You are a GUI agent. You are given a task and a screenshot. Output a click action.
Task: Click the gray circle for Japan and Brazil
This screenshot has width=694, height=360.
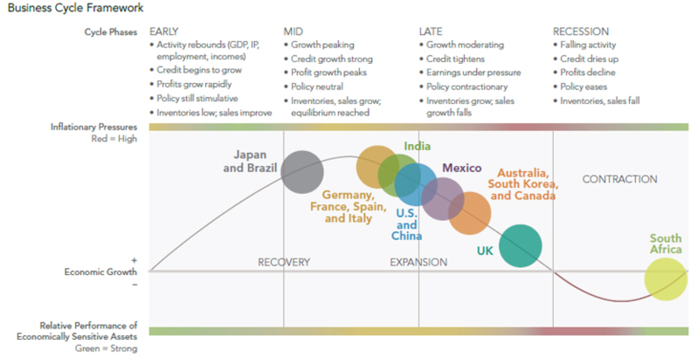coord(302,172)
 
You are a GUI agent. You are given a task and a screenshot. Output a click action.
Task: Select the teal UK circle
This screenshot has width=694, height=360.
coord(520,246)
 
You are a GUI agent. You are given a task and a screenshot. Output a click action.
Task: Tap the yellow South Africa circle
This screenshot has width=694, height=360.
coord(665,279)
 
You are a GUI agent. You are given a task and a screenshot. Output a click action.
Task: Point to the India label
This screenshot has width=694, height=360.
coord(417,146)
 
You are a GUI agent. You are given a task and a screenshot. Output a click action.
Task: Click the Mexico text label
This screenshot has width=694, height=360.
coord(462,168)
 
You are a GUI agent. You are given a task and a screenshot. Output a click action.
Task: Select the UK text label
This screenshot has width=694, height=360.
coord(485,251)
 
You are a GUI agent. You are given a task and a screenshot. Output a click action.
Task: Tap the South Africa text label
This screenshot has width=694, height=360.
coord(665,244)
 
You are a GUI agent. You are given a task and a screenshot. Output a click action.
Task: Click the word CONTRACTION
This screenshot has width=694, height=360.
coord(620,179)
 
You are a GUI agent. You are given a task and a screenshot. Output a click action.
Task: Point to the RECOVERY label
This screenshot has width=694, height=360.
coord(284,262)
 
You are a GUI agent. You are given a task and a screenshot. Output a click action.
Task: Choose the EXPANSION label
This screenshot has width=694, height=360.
coord(419,262)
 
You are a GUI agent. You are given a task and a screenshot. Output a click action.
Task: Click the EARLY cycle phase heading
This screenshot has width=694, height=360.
coord(164,32)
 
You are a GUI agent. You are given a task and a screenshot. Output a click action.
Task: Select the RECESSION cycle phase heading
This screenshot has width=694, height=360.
coord(581,32)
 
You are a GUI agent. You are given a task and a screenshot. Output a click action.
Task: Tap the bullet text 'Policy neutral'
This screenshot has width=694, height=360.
coord(317,87)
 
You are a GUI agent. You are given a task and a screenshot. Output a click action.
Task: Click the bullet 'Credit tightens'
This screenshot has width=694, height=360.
coord(455,59)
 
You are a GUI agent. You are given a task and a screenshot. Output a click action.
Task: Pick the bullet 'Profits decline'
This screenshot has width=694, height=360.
coord(588,72)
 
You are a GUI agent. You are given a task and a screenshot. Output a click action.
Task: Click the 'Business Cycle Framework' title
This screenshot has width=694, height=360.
coord(76,8)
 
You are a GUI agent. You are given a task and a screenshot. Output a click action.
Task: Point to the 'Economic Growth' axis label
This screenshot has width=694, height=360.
coord(100,272)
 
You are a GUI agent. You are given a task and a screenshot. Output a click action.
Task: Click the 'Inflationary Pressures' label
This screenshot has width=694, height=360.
coord(94,128)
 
